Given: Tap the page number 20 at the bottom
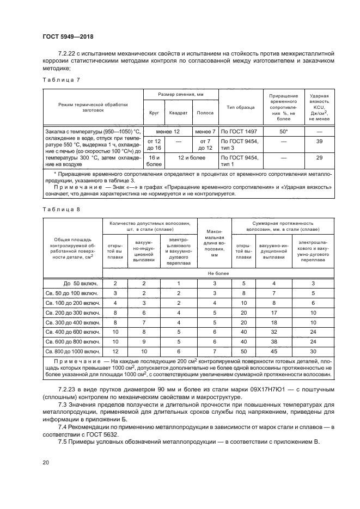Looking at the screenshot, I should pos(46,463).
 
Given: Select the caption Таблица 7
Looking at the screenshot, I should pos(61,79).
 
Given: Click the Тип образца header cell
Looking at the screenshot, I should pos(240,107).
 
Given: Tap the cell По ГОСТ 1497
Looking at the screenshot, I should pos(240,132).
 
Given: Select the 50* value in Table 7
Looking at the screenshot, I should pos(283,132).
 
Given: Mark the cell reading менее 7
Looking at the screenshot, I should pos(205,132).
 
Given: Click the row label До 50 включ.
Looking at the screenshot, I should pos(80,283).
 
